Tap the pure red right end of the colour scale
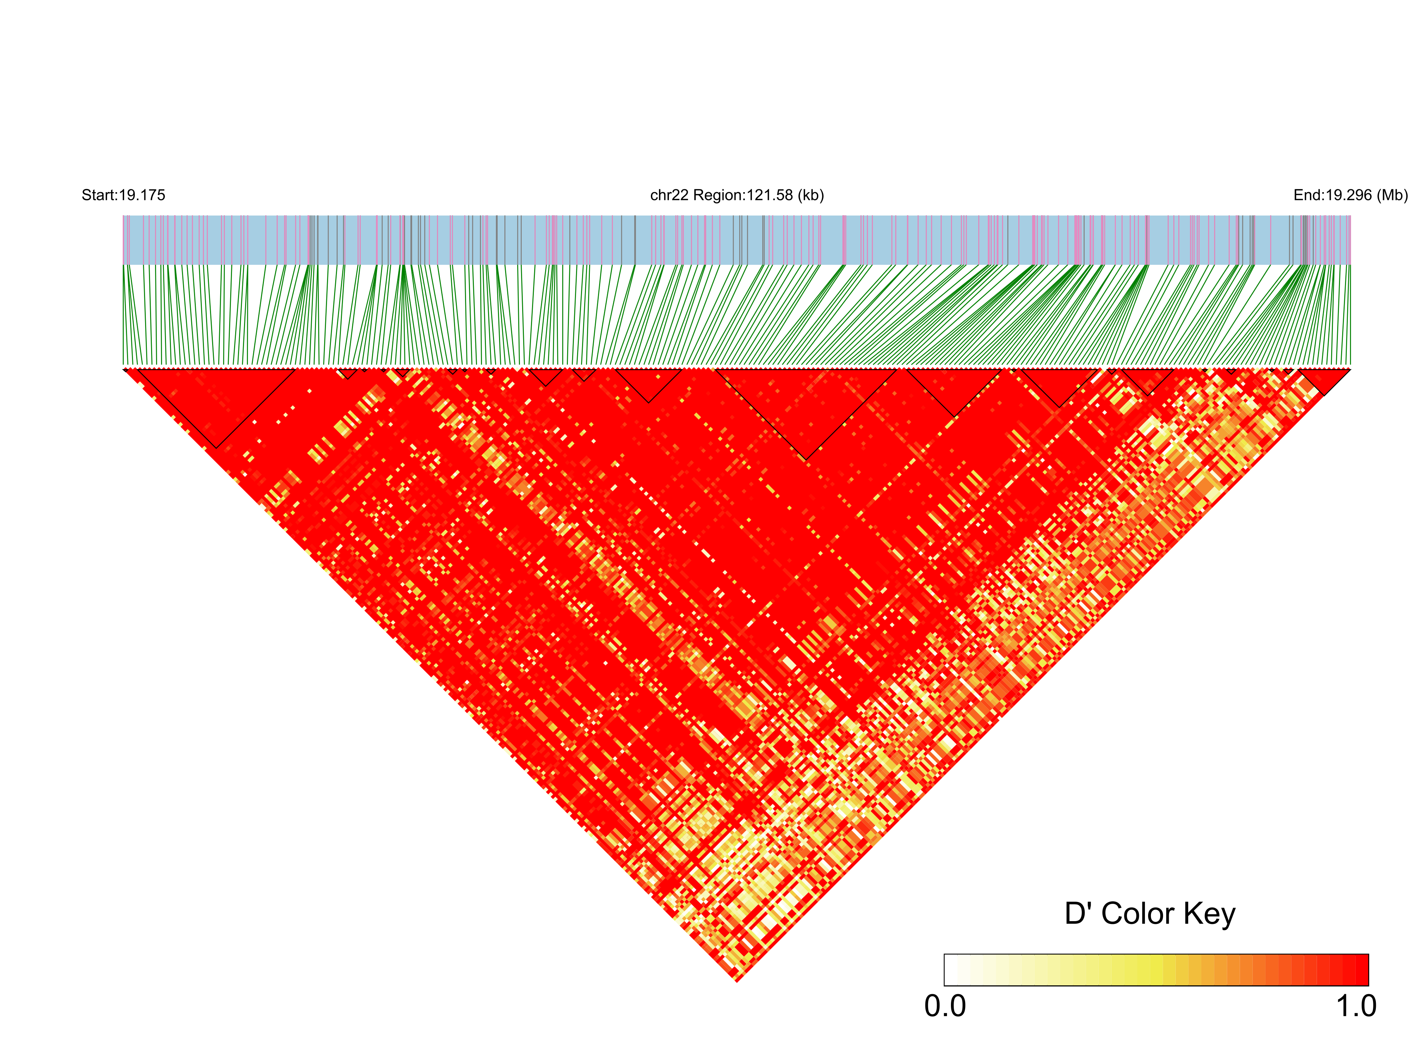1361,970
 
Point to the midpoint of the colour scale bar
1156,970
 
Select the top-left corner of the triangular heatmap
124,369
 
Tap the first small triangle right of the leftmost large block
348,374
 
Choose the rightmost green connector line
1349,317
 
